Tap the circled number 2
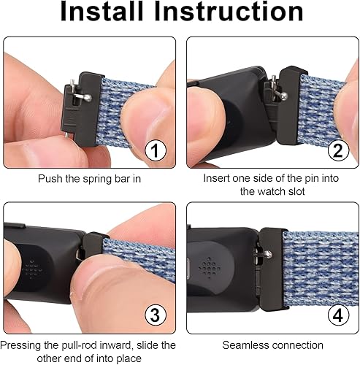pyautogui.click(x=337, y=151)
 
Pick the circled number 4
pyautogui.click(x=337, y=316)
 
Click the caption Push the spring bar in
pyautogui.click(x=89, y=177)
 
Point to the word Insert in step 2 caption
pyautogui.click(x=218, y=177)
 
